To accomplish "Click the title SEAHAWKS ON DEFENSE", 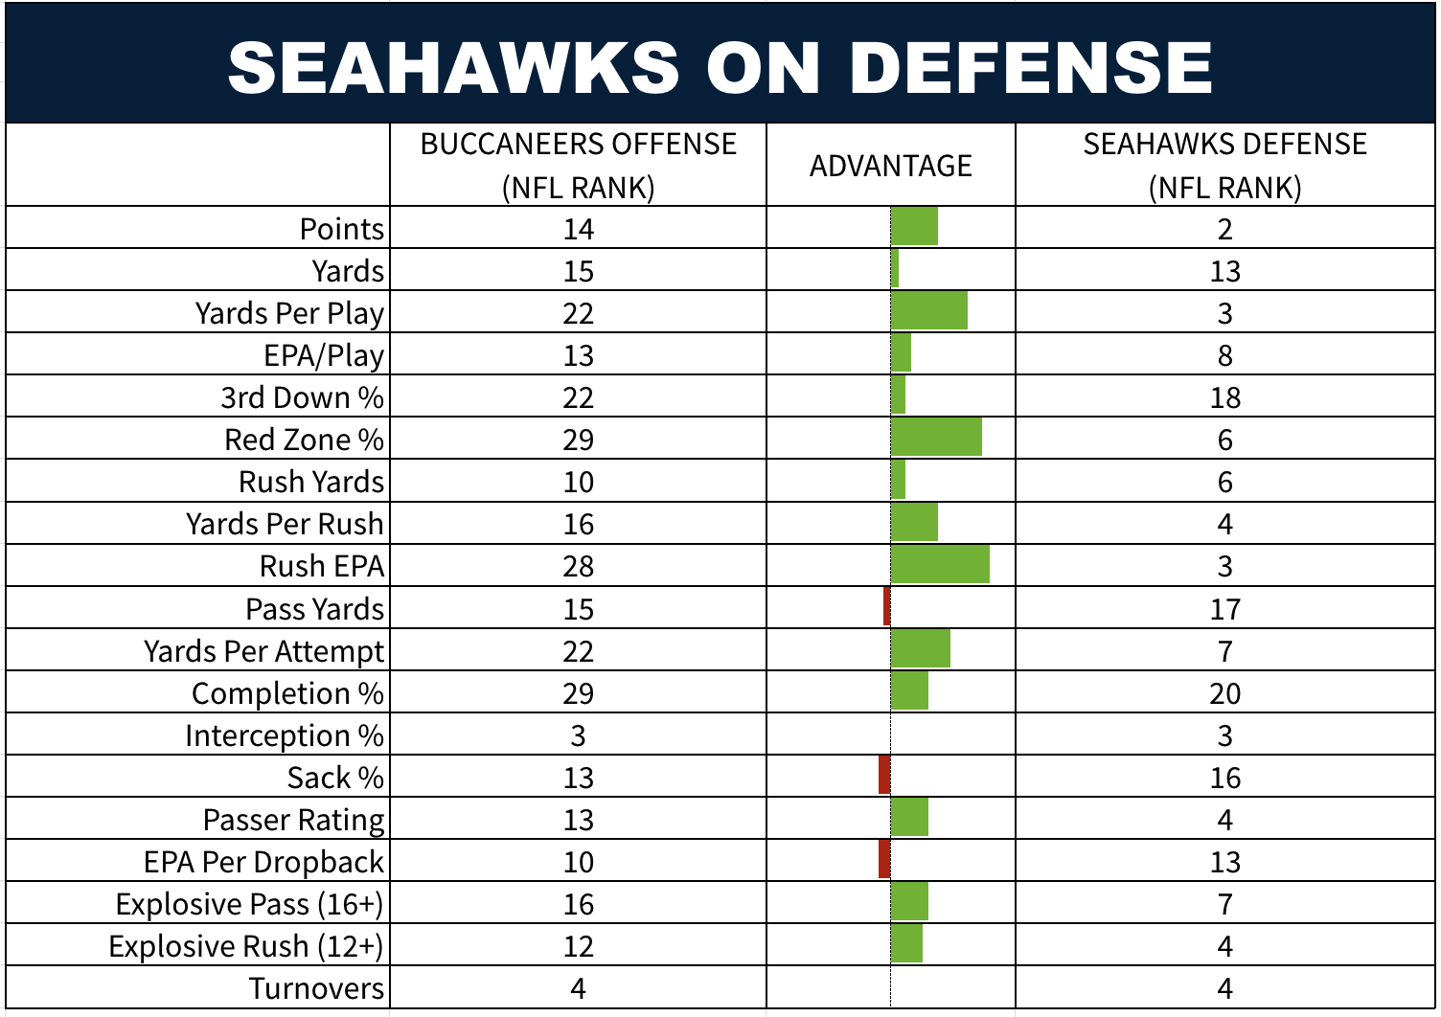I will [x=720, y=67].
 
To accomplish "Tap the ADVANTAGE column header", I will [x=890, y=166].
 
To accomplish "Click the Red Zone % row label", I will [x=304, y=440].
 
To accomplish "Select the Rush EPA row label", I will [x=322, y=566].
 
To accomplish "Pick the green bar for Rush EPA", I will [x=940, y=565].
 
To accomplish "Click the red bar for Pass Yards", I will [x=887, y=607].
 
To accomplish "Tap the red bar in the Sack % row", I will [x=884, y=776].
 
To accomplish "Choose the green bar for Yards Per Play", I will [x=928, y=311].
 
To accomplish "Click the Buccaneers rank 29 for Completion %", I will [x=578, y=693].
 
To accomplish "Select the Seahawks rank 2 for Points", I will [x=1224, y=230].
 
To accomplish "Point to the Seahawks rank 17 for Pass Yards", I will [x=1224, y=609].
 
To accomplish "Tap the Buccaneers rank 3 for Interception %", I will [x=578, y=735].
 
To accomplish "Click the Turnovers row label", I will [x=316, y=988].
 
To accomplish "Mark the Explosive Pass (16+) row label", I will [x=249, y=904].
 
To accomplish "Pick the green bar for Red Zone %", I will [x=936, y=438].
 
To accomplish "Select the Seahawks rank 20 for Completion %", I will [x=1224, y=693].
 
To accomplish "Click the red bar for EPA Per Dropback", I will [x=884, y=860].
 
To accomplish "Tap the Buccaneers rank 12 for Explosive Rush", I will [x=578, y=946].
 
